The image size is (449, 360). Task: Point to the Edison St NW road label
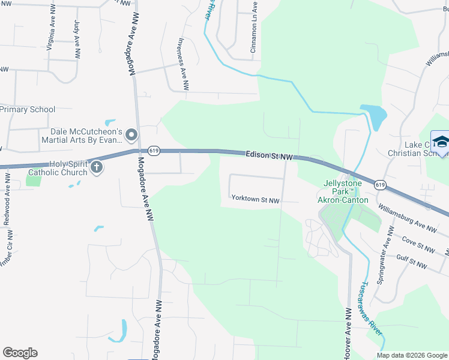[270, 155]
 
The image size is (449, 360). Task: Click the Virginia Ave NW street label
[49, 35]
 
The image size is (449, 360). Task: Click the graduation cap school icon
[440, 142]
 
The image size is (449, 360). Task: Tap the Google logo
[20, 353]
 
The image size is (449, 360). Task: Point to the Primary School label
[28, 109]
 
